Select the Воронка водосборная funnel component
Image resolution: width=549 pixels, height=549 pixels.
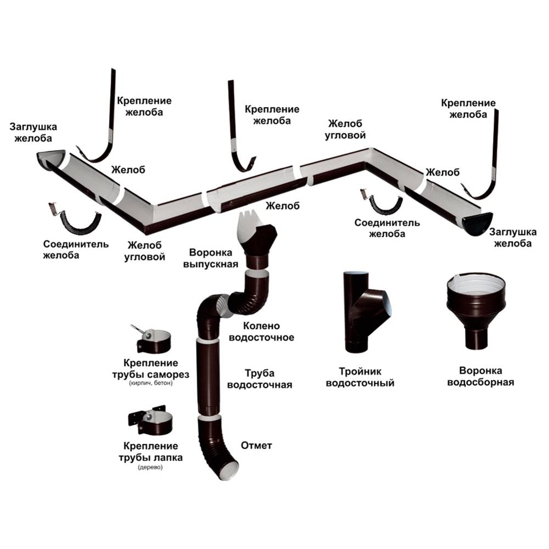click(476, 307)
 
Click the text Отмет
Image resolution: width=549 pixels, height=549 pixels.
click(256, 445)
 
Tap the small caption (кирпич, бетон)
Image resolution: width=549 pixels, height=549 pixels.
click(150, 383)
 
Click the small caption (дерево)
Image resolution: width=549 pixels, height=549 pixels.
click(150, 468)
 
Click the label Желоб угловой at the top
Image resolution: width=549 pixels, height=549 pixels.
click(346, 129)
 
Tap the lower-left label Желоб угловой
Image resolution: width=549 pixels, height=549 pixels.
click(147, 250)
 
